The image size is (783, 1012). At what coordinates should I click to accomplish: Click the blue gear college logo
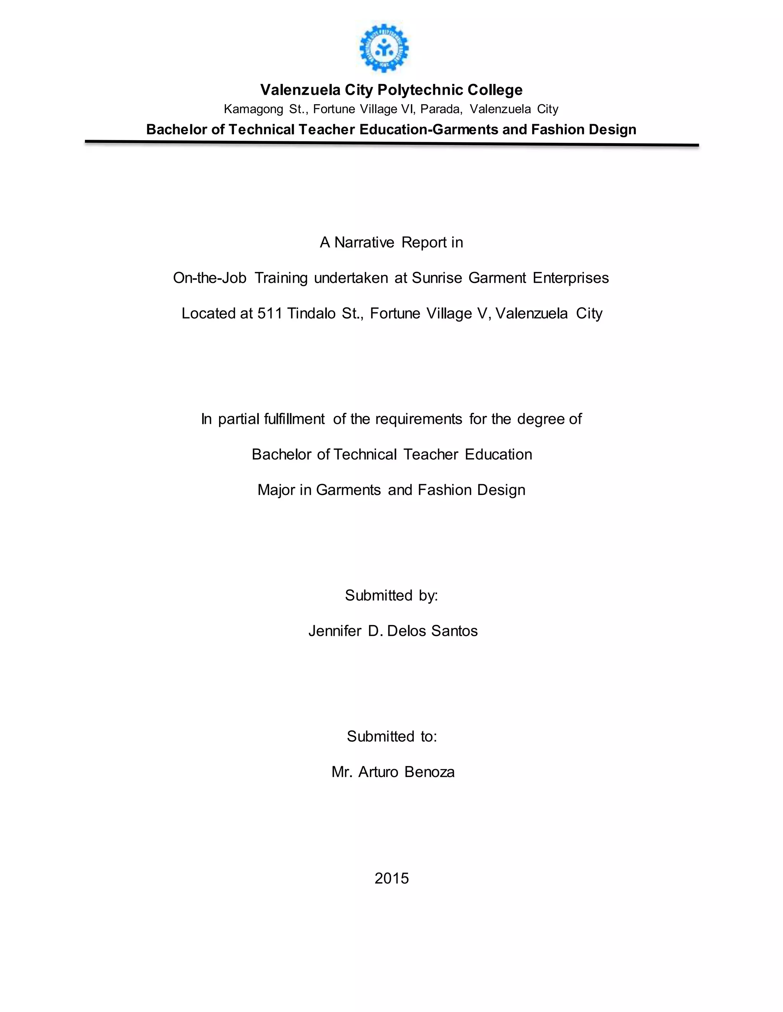click(384, 48)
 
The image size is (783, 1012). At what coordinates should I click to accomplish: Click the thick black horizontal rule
click(391, 143)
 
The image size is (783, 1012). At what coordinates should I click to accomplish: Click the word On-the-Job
click(210, 278)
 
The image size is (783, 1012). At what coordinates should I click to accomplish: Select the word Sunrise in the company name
click(437, 278)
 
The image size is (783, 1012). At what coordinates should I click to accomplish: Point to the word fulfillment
click(294, 419)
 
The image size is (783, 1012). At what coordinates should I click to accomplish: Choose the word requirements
click(418, 419)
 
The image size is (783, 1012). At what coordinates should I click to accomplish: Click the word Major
click(276, 490)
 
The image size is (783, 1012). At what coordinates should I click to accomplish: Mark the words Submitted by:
click(391, 595)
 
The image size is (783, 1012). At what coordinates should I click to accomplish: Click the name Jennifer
click(335, 631)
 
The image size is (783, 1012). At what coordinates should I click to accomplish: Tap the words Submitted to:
click(392, 737)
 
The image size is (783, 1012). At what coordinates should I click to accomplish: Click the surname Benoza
click(429, 773)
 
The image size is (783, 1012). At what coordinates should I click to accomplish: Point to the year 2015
click(391, 879)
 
